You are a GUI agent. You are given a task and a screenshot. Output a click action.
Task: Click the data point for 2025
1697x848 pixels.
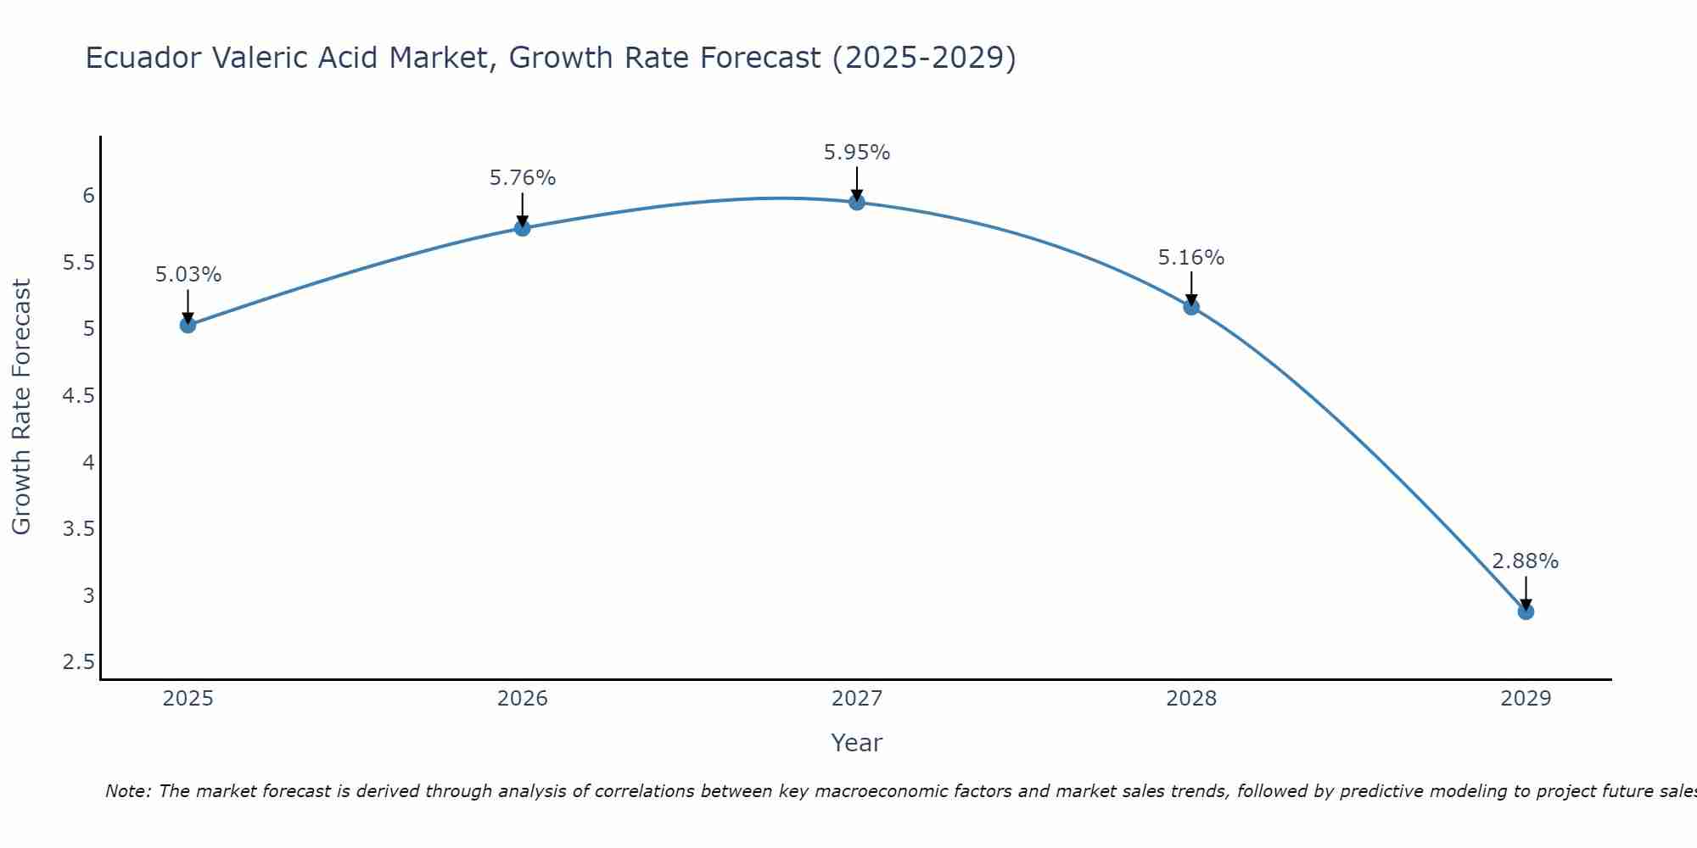[x=188, y=325]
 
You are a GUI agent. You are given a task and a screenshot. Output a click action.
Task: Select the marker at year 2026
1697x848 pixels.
[x=523, y=228]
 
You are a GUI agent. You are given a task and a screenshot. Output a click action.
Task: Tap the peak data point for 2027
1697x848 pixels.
[x=857, y=202]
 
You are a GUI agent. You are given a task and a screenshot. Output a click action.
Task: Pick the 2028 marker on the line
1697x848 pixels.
[x=1191, y=307]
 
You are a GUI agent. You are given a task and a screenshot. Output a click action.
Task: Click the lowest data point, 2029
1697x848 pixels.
[x=1526, y=611]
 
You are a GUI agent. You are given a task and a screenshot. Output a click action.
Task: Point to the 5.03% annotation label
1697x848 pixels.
[x=188, y=275]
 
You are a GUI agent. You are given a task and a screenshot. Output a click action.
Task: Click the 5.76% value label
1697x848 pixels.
[x=523, y=178]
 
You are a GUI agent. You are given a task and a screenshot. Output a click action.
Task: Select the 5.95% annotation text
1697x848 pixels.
[x=857, y=153]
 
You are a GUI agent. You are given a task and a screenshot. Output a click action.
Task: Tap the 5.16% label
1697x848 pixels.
[x=1191, y=258]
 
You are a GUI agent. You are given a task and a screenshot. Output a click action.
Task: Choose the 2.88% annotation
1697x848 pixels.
[x=1526, y=561]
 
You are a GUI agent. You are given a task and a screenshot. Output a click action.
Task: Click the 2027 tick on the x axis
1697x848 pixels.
[x=857, y=699]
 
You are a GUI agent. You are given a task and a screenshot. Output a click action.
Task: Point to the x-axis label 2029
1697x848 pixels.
[x=1526, y=699]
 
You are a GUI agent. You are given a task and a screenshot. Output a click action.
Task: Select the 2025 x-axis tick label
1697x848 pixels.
[x=188, y=699]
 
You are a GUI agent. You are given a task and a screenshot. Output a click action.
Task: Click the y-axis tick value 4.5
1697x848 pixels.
[x=79, y=396]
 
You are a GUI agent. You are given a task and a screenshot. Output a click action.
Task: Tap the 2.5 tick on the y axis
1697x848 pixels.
[x=79, y=662]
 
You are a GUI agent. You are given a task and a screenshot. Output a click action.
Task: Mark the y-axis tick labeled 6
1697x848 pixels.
[x=88, y=196]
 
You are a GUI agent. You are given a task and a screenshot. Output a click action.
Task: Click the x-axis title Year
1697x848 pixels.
[x=857, y=743]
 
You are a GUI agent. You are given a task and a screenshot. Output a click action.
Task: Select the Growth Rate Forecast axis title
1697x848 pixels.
[x=22, y=407]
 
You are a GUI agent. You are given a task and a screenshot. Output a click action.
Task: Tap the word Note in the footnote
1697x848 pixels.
[x=127, y=791]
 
